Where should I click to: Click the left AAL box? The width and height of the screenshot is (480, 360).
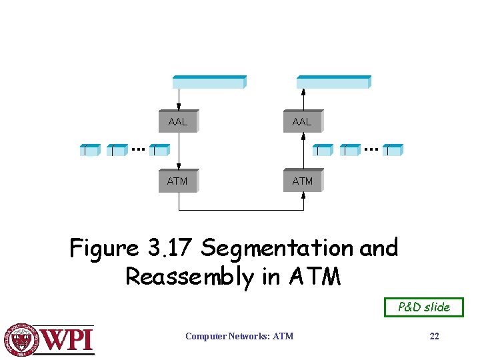pyautogui.click(x=178, y=122)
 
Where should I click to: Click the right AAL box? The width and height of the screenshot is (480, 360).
pyautogui.click(x=302, y=122)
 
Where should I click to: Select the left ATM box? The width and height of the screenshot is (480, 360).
pyautogui.click(x=178, y=181)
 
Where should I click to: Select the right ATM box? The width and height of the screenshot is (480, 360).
pyautogui.click(x=302, y=181)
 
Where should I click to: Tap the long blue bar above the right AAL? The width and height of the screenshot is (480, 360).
pyautogui.click(x=333, y=82)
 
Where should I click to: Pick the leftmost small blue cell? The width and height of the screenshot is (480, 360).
pyautogui.click(x=89, y=150)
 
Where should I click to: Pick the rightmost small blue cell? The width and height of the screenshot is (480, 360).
pyautogui.click(x=393, y=150)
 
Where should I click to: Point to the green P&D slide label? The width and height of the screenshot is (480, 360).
pyautogui.click(x=424, y=307)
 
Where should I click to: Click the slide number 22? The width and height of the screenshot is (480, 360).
pyautogui.click(x=434, y=337)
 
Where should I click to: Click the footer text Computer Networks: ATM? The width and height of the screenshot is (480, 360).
pyautogui.click(x=239, y=337)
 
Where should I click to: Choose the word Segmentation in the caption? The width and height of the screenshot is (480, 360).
pyautogui.click(x=278, y=249)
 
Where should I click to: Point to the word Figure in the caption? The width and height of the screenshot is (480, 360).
pyautogui.click(x=103, y=249)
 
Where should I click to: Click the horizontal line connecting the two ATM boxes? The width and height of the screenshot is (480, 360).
pyautogui.click(x=241, y=210)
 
